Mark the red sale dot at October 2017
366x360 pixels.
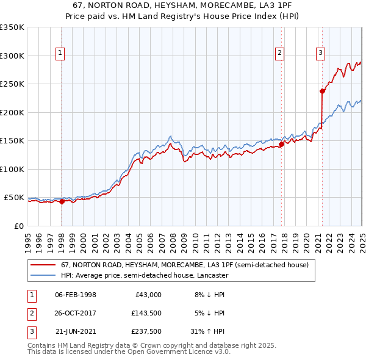tap(282, 145)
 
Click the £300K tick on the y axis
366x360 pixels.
tap(12, 56)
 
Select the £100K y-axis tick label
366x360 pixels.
tap(12, 169)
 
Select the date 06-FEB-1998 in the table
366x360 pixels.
tap(76, 295)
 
